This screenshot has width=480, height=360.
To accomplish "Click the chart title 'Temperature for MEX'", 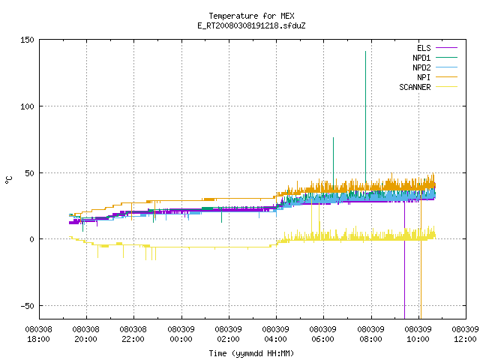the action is [x=251, y=16].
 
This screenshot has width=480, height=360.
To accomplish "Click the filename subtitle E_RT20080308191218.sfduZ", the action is [x=251, y=25].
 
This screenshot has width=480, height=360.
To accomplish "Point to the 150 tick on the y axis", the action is [x=27, y=40].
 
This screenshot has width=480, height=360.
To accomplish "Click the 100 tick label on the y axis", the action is [x=27, y=106].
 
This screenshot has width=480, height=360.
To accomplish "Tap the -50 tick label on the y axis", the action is [x=27, y=306].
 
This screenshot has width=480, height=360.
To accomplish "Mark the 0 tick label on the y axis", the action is [x=31, y=239].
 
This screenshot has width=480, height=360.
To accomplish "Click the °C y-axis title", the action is [x=8, y=180].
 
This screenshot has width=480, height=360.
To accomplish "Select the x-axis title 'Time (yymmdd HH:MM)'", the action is [x=251, y=353].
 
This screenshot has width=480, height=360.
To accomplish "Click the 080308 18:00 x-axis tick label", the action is [x=38, y=334].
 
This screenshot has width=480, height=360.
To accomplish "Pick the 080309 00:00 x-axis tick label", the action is [x=181, y=334].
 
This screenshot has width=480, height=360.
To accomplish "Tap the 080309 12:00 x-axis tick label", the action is [x=465, y=334].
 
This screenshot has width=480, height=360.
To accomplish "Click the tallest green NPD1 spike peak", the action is [x=365, y=52].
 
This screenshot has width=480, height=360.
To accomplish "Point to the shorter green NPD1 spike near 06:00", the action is [x=333, y=138].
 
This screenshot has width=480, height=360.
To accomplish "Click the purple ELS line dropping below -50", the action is [x=405, y=260].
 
